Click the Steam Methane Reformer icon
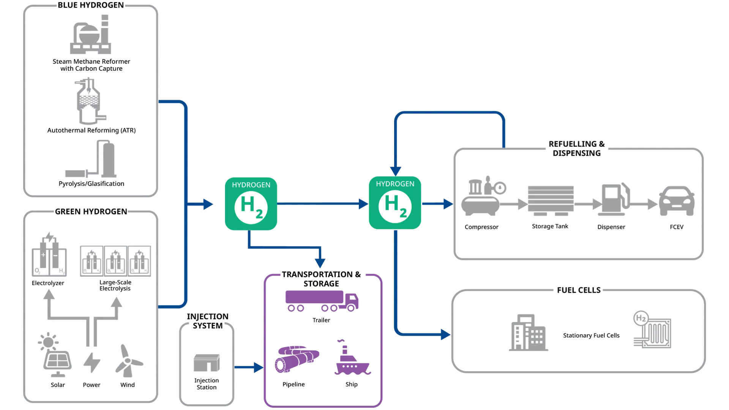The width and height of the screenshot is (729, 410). (90, 35)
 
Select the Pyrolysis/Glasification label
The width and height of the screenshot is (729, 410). (92, 184)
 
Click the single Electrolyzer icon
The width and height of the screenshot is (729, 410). (49, 254)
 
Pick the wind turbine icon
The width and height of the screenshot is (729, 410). (128, 361)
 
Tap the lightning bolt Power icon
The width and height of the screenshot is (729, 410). (92, 363)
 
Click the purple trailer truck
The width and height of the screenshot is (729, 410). (322, 301)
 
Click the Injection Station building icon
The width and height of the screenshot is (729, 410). (207, 363)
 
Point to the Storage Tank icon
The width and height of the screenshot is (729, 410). (551, 201)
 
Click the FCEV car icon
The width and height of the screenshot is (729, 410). (677, 201)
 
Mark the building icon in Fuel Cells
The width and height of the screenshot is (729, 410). (528, 333)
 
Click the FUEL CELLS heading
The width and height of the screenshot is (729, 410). (579, 290)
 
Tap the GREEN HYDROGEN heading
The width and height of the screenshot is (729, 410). (91, 211)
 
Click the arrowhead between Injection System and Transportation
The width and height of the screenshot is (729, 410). (259, 367)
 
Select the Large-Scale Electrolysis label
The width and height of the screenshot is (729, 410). (115, 285)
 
